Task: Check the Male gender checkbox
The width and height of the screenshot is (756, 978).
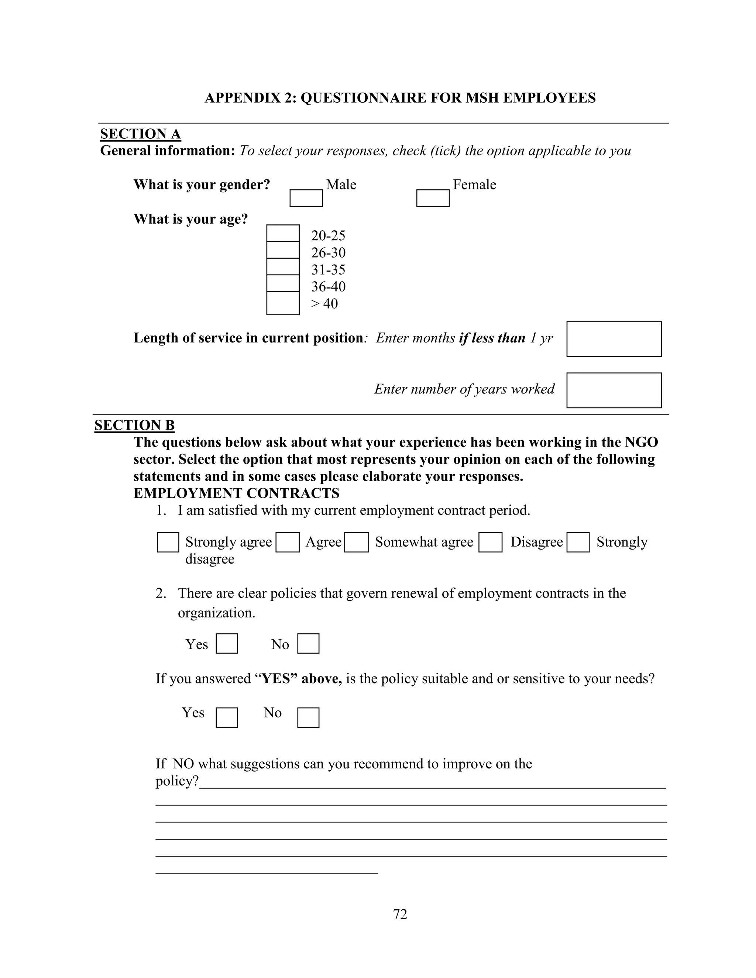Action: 306,198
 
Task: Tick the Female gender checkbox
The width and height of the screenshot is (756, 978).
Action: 433,198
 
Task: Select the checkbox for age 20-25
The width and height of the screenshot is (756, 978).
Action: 283,233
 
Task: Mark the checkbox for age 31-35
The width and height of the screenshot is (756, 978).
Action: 283,266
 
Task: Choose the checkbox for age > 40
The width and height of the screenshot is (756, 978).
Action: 283,303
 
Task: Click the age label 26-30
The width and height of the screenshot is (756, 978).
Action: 328,252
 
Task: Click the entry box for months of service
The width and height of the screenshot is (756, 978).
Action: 614,339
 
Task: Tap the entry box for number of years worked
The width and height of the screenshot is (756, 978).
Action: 614,390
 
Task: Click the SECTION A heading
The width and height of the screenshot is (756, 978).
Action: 140,134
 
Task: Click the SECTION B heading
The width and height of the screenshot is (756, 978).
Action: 134,425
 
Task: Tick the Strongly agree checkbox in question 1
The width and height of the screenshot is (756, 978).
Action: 168,542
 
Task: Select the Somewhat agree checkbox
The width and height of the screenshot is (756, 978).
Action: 357,542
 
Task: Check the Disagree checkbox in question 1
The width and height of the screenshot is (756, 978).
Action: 490,542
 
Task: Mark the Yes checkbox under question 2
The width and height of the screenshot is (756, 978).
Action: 227,644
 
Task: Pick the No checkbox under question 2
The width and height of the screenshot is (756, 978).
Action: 308,644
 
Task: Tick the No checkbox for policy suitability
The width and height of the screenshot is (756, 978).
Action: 308,717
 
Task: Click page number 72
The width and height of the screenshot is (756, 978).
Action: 400,914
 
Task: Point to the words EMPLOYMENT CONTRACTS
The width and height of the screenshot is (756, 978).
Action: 237,493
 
